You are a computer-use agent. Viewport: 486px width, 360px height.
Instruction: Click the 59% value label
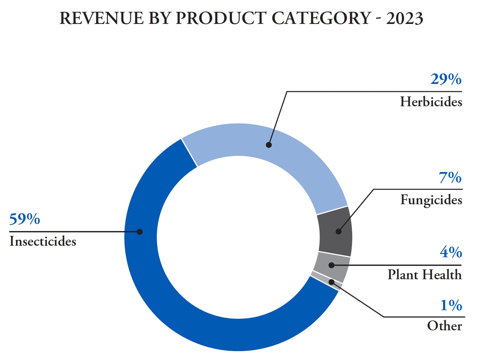click(25, 219)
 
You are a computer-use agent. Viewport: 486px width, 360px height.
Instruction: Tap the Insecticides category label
click(43, 241)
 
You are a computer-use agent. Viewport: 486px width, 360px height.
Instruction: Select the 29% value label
click(446, 79)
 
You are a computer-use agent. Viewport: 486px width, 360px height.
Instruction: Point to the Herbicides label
click(431, 102)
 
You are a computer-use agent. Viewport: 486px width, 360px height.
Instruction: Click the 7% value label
click(450, 177)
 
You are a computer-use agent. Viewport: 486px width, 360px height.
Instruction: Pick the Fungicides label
click(431, 200)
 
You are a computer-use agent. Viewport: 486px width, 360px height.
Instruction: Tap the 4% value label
click(451, 252)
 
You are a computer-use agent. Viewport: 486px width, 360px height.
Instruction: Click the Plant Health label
click(425, 274)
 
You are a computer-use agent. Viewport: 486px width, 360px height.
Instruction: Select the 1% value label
click(451, 305)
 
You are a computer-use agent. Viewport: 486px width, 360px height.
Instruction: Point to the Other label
click(444, 326)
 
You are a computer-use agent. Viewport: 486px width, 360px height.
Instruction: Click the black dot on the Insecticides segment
click(140, 232)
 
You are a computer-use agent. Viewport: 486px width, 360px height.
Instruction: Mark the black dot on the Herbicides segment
click(269, 145)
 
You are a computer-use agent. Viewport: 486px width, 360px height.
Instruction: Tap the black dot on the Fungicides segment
click(338, 232)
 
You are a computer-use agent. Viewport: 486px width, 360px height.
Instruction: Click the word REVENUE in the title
click(102, 18)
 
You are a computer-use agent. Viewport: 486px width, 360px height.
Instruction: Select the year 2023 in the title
click(405, 18)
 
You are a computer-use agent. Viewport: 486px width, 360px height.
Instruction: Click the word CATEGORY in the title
click(321, 18)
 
